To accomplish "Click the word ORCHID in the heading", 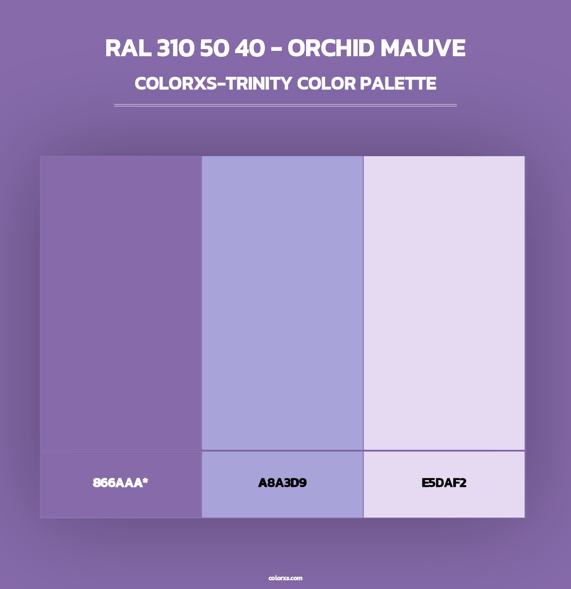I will point(331,49).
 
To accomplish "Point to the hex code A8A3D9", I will point(282,483).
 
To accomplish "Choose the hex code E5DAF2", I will point(444,483).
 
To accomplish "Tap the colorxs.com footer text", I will point(285,578).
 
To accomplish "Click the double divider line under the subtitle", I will point(285,105).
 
